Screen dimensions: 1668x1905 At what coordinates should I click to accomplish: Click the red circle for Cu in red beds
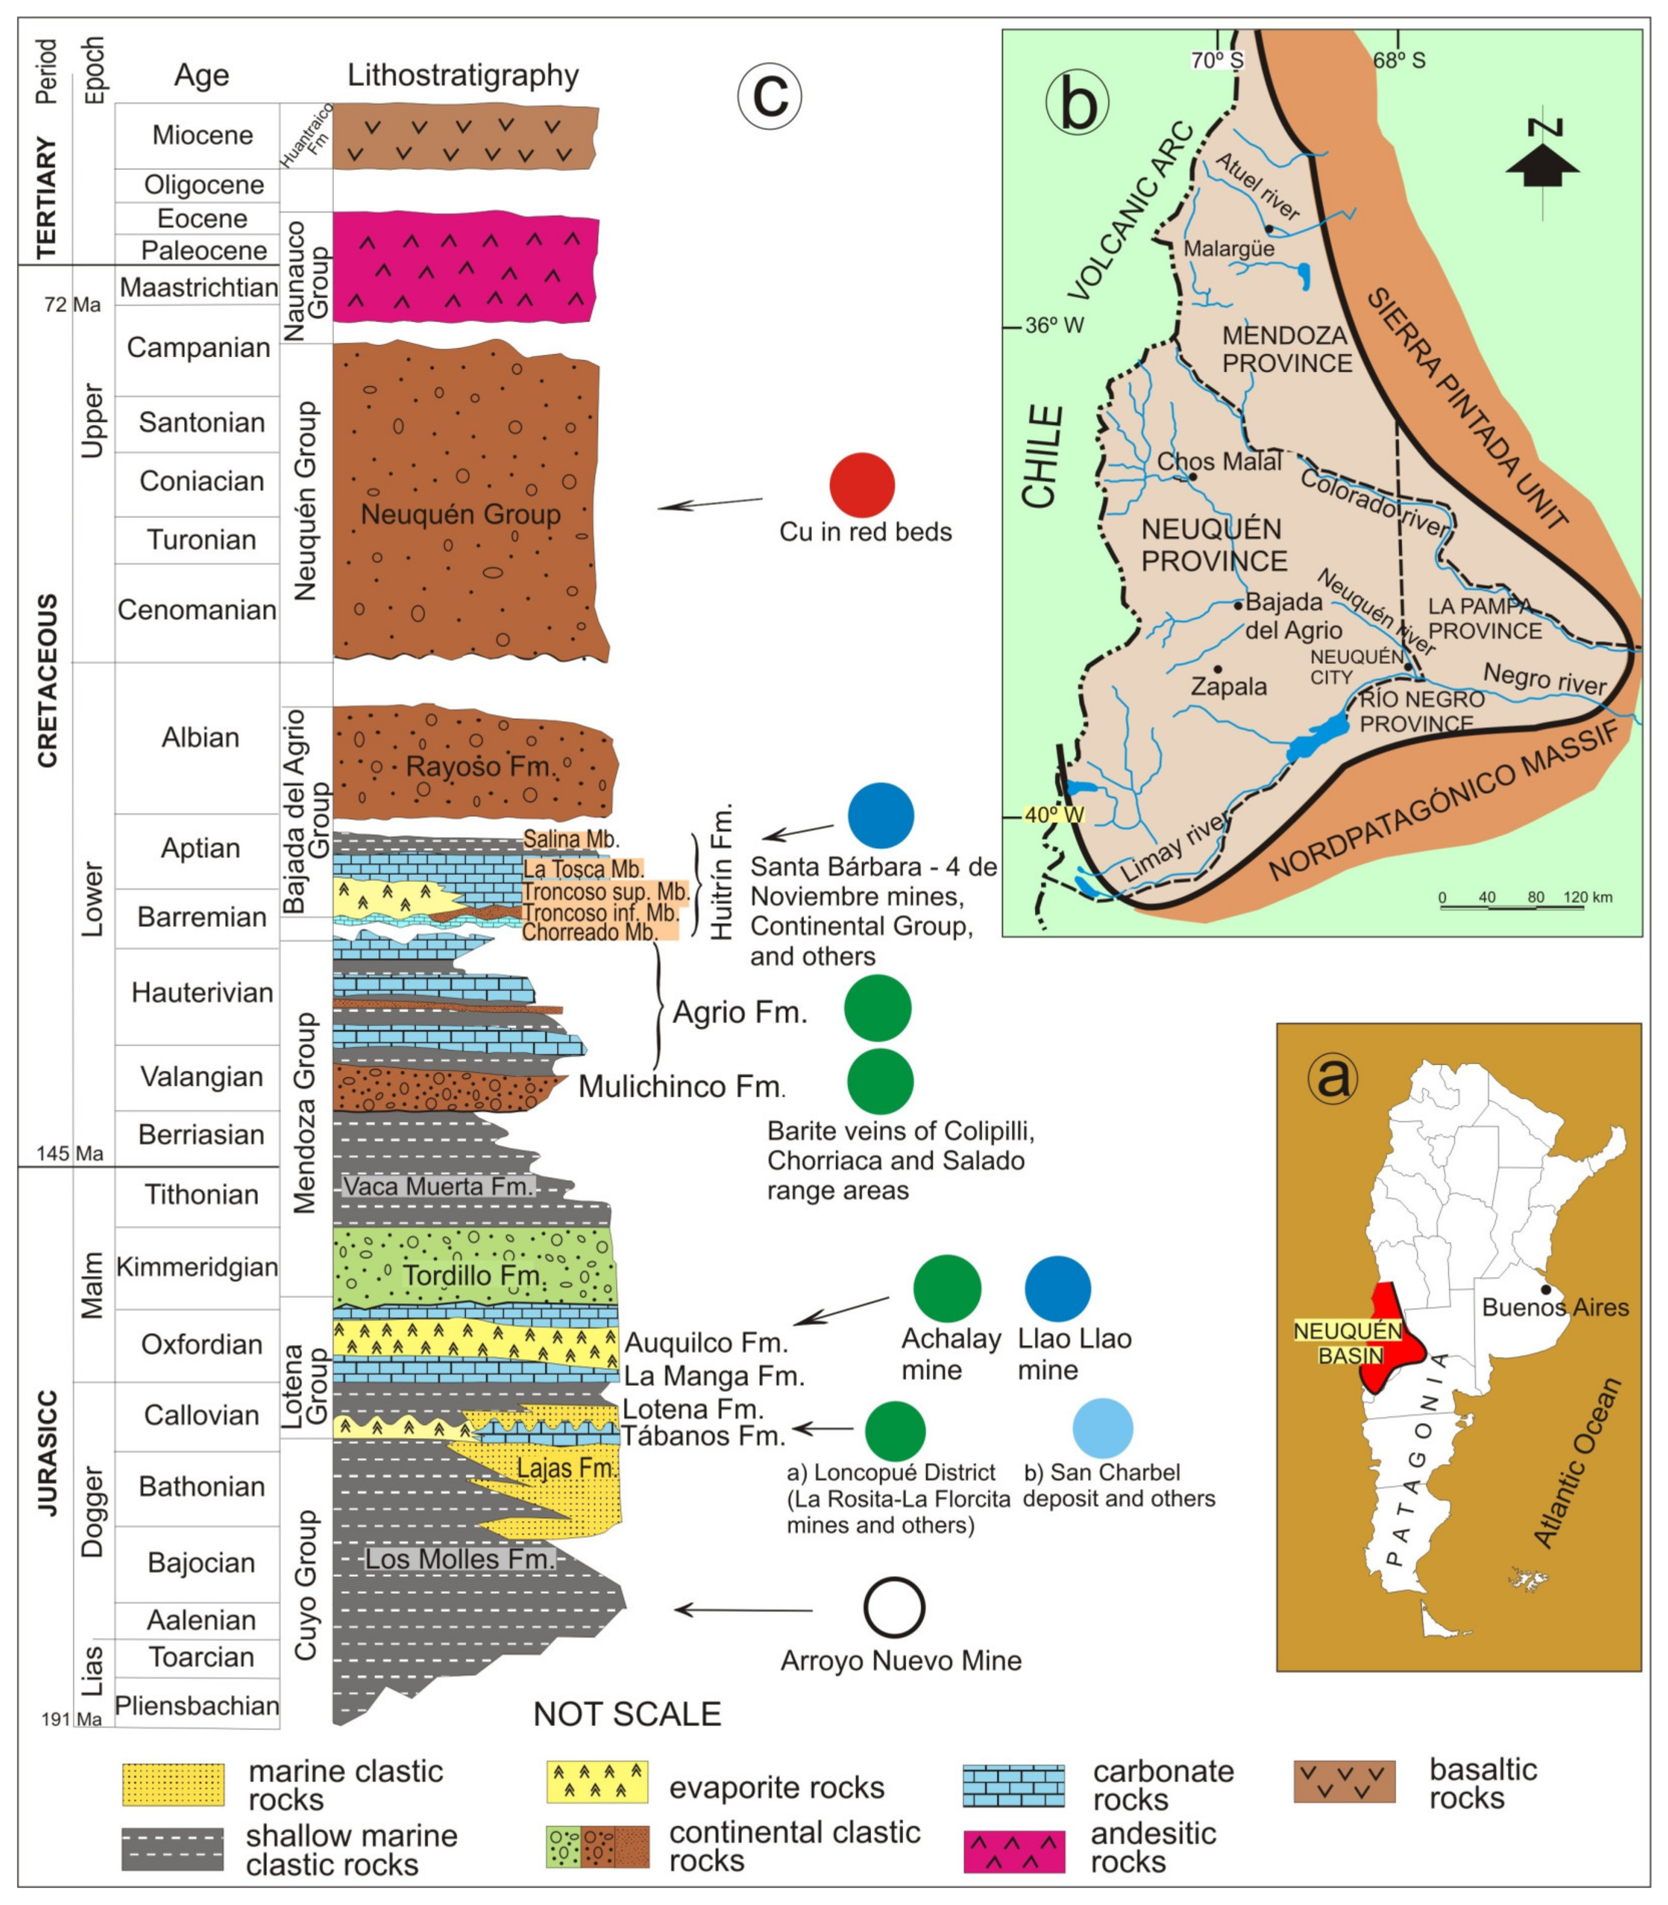(862, 485)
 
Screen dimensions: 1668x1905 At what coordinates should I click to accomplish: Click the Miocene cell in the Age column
(202, 135)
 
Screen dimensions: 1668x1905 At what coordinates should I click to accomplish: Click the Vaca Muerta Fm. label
(437, 1186)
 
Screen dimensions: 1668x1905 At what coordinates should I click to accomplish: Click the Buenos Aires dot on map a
(1546, 1290)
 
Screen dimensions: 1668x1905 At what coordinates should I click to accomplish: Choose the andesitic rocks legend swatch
(1014, 1852)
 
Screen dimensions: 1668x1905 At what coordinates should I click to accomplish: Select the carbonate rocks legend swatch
(1014, 1785)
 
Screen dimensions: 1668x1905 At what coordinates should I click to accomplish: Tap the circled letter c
(770, 95)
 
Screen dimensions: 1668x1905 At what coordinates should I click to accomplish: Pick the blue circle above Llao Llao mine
(1057, 1289)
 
